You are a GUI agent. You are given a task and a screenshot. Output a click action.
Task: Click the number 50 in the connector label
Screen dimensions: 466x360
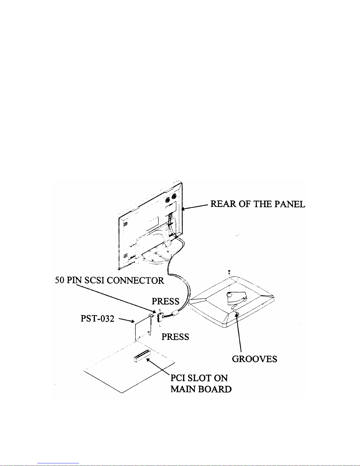[x=60, y=280]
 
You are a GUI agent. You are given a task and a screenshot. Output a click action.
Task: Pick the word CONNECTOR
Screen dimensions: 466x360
[x=135, y=280]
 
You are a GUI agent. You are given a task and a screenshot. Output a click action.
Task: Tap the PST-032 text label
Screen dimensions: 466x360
[x=97, y=318]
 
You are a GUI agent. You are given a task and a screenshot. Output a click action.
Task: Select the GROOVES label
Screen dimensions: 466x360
[x=254, y=359]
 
